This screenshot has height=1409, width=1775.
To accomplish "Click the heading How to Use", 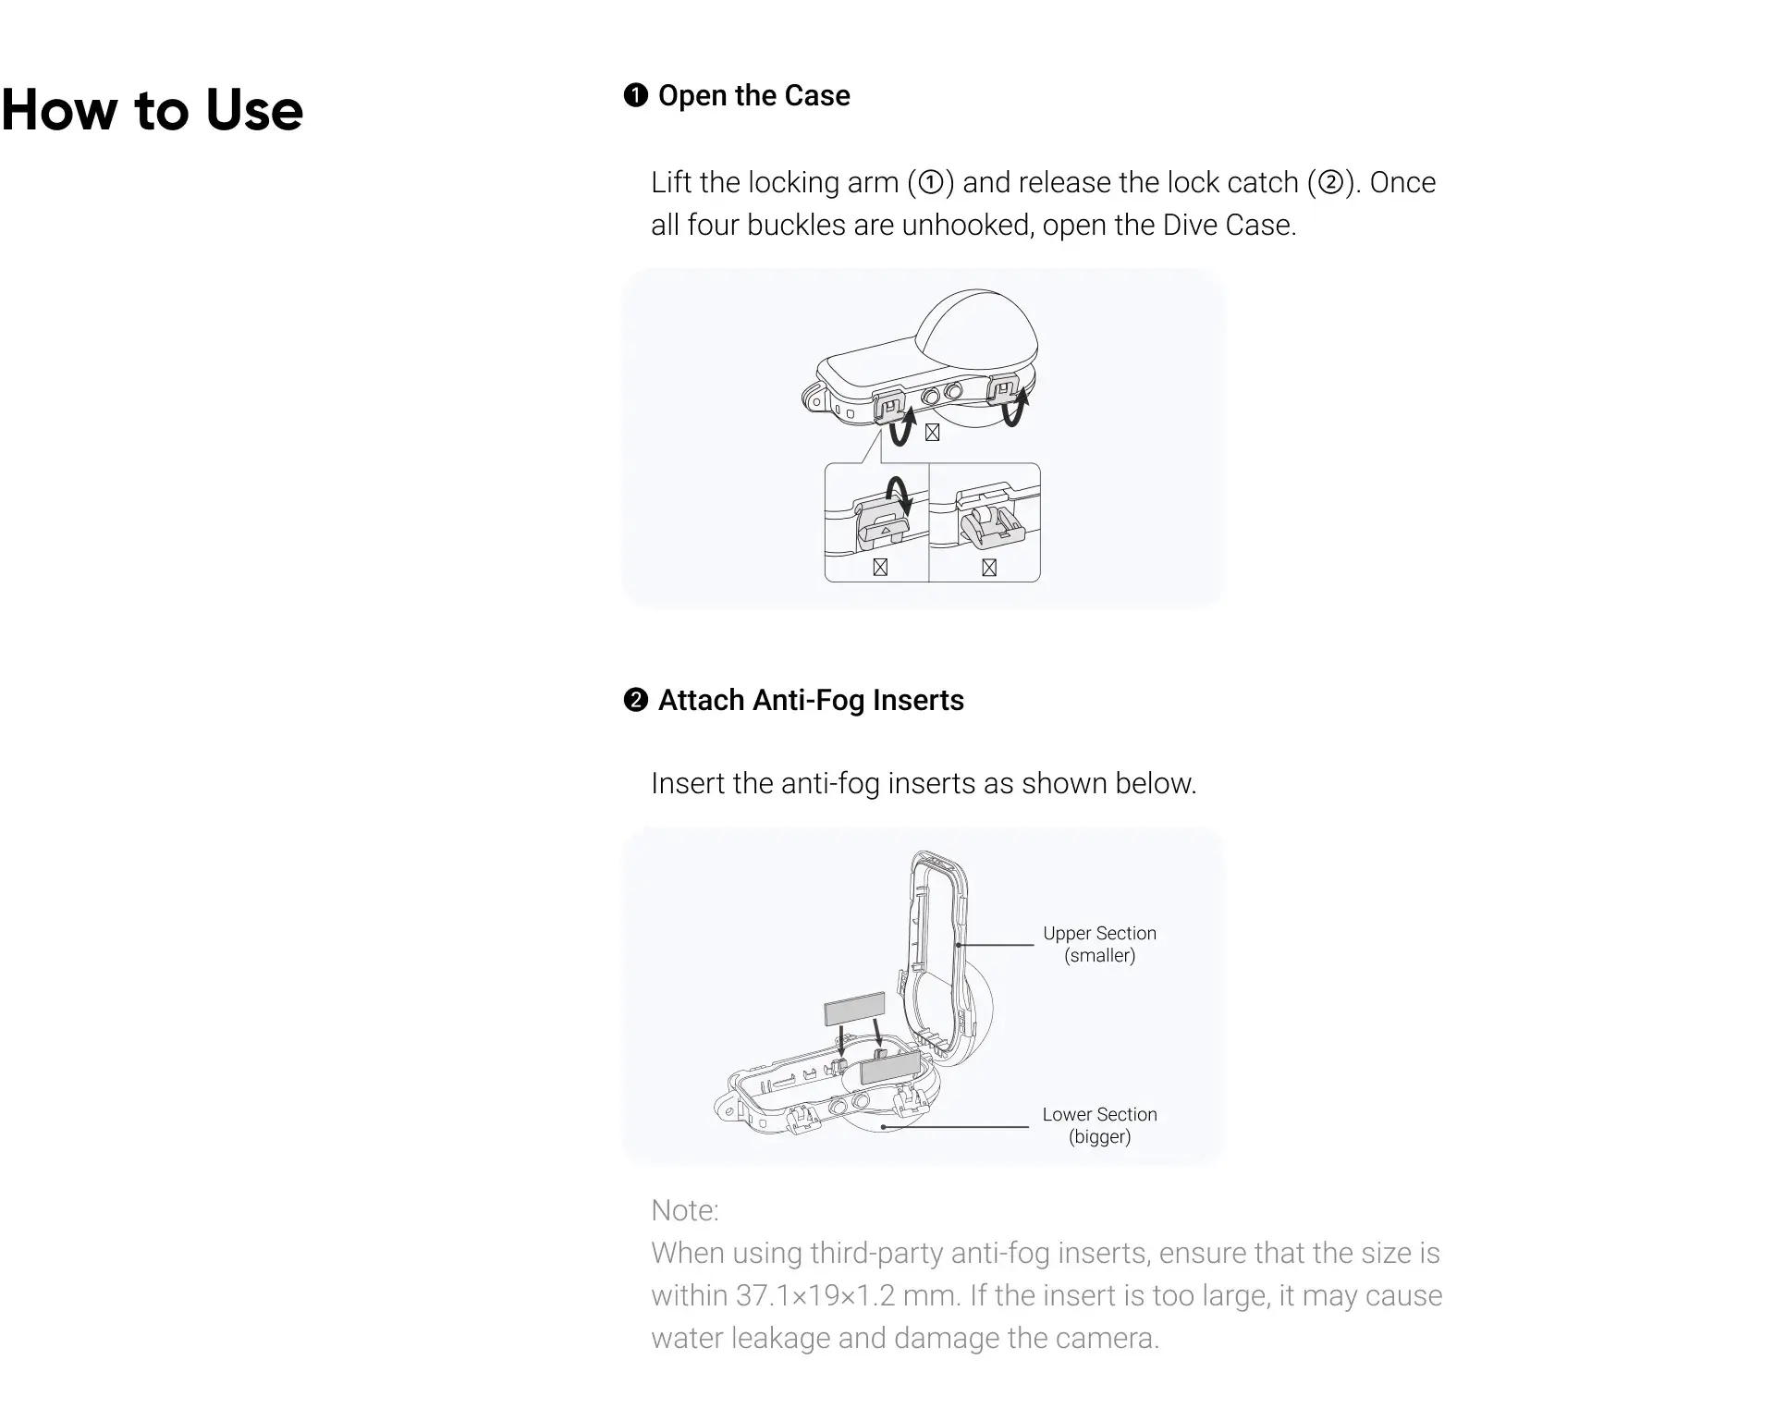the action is pos(153,110).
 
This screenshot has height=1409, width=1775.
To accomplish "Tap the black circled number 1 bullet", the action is pos(636,95).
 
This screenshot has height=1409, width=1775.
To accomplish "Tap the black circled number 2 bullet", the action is pos(636,700).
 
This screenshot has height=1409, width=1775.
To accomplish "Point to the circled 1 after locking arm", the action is pos(931,182).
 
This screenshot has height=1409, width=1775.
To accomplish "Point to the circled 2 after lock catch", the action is pos(1330,182).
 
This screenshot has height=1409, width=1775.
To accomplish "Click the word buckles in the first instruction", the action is pos(796,225).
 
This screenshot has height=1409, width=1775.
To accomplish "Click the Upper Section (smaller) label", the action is pos(1100,944).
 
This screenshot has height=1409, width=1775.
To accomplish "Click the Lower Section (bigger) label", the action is pos(1100,1125).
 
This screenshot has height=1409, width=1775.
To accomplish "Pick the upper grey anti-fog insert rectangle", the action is pos(854,1009).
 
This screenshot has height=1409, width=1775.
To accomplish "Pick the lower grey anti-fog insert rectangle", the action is pos(890,1067).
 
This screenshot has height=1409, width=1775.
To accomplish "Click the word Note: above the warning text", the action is pos(685,1210).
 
